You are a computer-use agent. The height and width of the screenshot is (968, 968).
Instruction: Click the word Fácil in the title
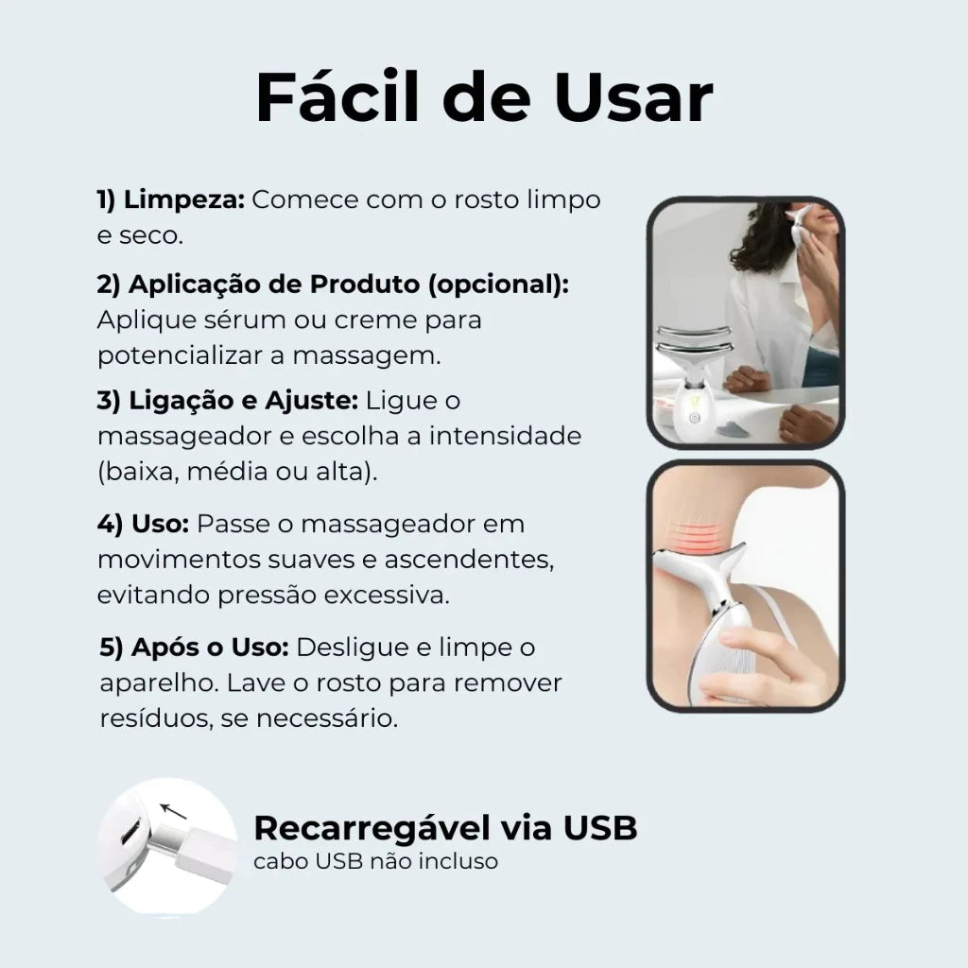click(x=338, y=97)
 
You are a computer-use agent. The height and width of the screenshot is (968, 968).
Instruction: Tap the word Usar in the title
click(x=634, y=97)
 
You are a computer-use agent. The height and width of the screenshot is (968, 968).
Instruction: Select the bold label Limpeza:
click(x=184, y=200)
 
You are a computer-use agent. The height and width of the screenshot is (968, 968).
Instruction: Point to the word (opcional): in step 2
click(x=499, y=285)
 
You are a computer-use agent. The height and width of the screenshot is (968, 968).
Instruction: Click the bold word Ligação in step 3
click(x=181, y=401)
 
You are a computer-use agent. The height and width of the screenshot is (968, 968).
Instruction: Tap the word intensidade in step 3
click(x=506, y=436)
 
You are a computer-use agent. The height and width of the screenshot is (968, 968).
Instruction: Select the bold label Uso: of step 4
click(x=161, y=524)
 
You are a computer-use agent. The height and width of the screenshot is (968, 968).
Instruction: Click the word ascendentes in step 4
click(x=469, y=560)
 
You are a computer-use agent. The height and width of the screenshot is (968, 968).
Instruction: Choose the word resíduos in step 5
click(x=155, y=718)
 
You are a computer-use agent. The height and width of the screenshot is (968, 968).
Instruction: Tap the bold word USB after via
click(x=600, y=828)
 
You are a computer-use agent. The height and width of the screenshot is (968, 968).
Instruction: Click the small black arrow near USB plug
click(x=173, y=811)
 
